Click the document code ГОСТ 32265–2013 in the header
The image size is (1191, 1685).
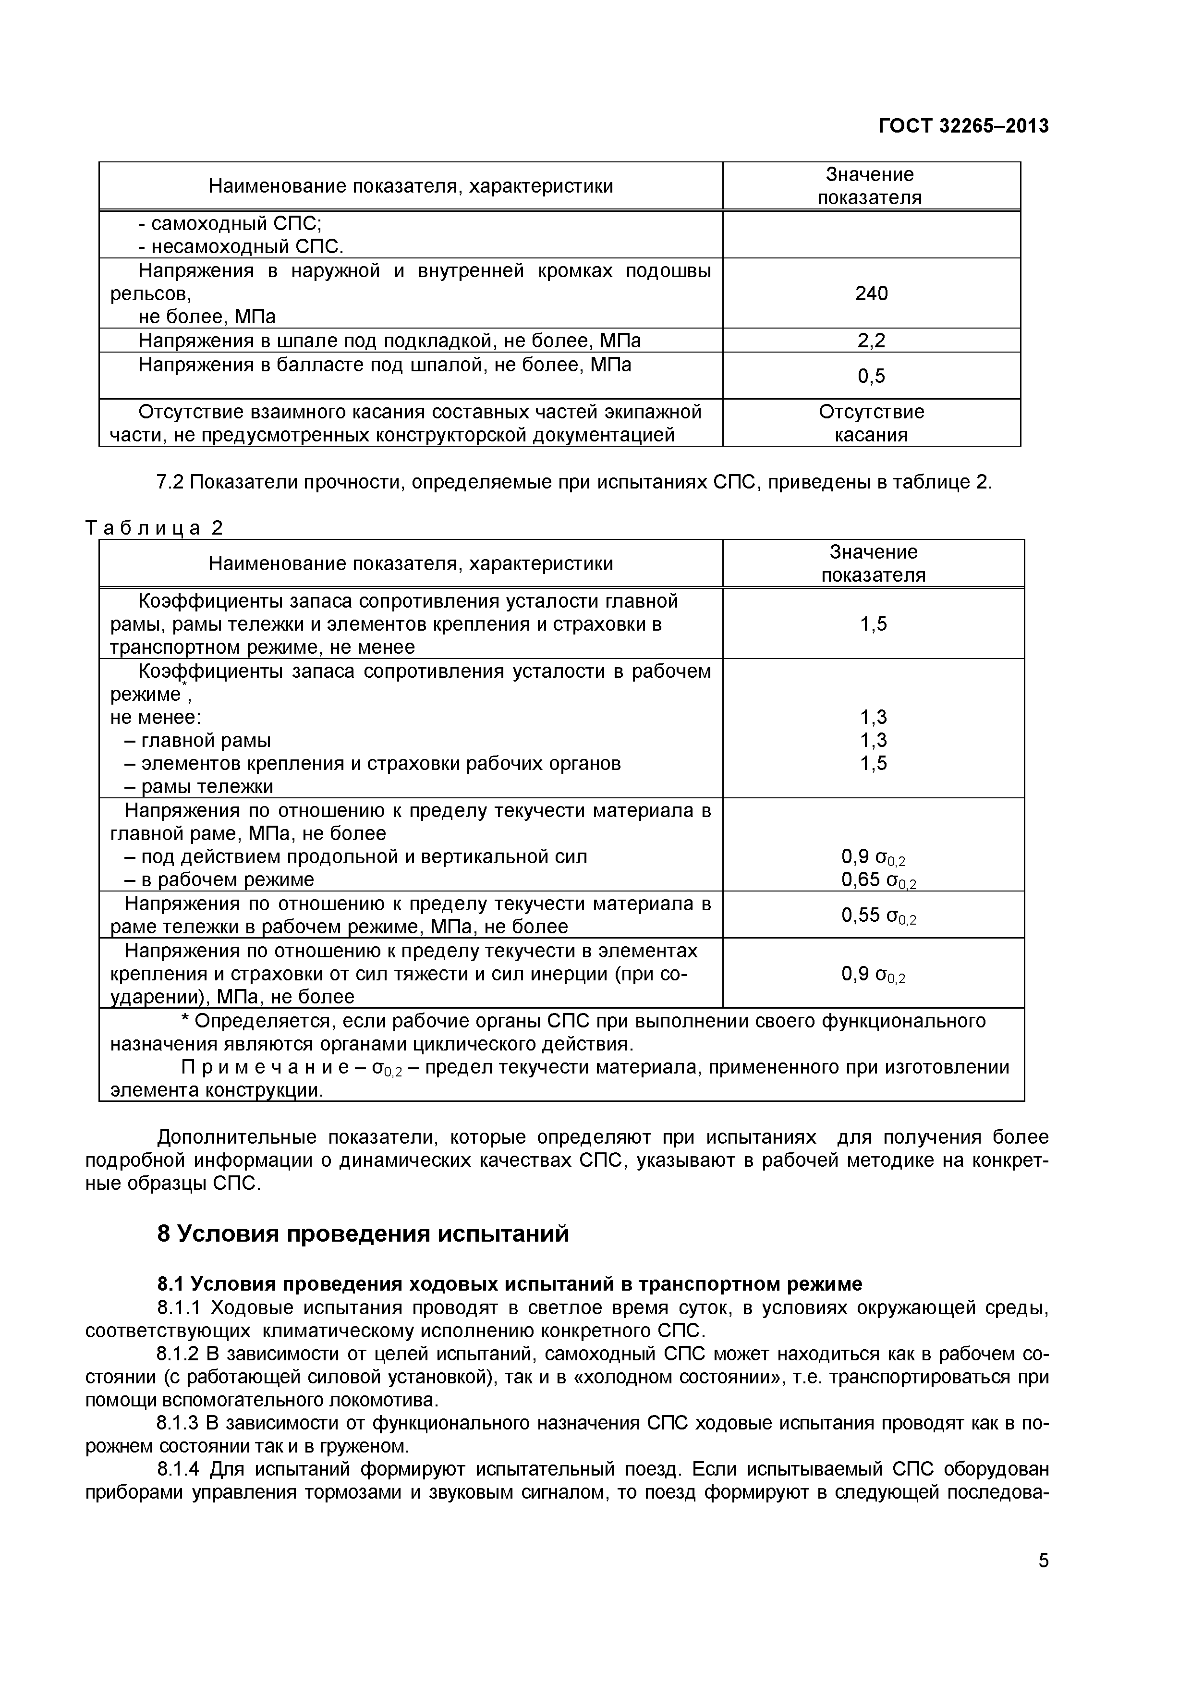click(x=963, y=126)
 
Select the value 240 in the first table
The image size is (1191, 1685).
click(x=871, y=293)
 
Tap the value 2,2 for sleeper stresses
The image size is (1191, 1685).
click(x=871, y=341)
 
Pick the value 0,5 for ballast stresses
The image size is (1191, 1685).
click(x=871, y=377)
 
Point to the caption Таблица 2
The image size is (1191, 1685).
click(x=154, y=528)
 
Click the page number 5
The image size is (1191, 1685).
click(x=1043, y=1582)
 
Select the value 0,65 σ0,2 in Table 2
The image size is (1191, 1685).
click(x=878, y=880)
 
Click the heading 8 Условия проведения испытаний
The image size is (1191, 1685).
click(x=363, y=1233)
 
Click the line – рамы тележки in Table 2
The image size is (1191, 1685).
click(x=198, y=787)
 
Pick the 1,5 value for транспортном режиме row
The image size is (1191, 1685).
click(x=873, y=624)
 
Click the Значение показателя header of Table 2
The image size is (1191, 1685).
click(x=873, y=563)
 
